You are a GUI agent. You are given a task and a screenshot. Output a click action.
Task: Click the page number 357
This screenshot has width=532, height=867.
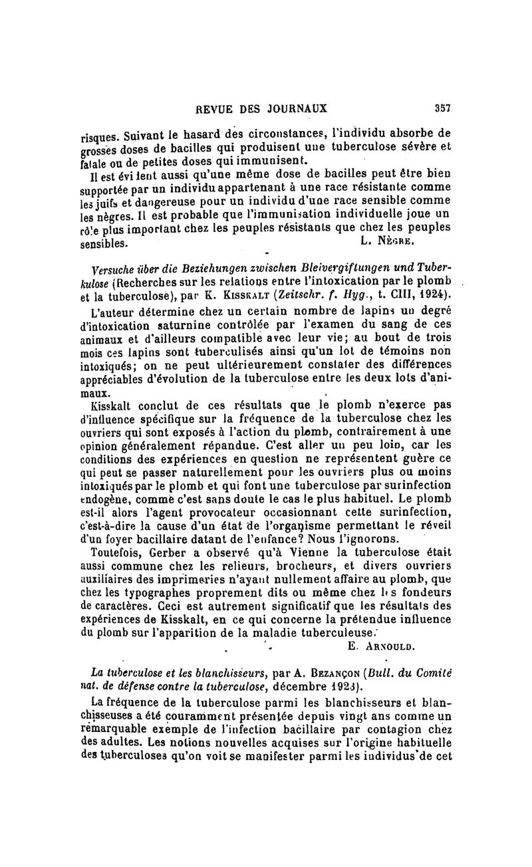(442, 107)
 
